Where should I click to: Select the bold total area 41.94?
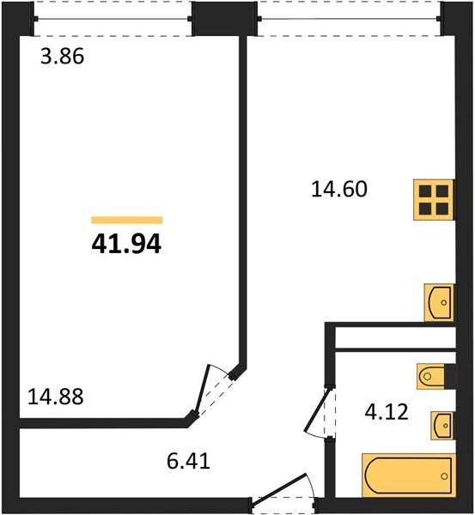coord(126,245)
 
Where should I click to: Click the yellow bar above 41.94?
coord(126,221)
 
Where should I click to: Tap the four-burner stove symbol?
coord(435,200)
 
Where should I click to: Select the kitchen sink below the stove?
coord(439,301)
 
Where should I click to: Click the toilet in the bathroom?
coord(434,375)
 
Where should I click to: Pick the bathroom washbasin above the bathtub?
coord(440,423)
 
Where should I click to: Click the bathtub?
coord(406,474)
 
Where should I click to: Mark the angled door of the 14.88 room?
coord(214,391)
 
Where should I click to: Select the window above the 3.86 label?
coord(113,18)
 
